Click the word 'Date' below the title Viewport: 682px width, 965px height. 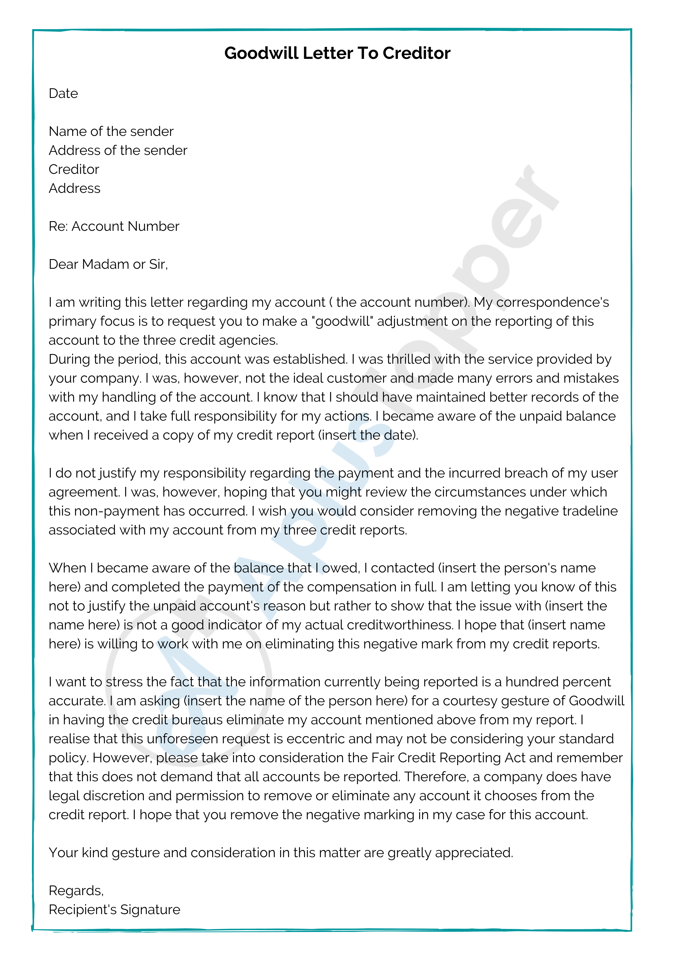64,93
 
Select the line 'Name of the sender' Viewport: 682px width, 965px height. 111,131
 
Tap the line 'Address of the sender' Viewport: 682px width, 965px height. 118,150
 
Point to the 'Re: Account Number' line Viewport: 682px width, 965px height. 114,227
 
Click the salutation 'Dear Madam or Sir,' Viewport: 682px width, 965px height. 108,264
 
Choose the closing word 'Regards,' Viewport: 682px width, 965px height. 76,891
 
